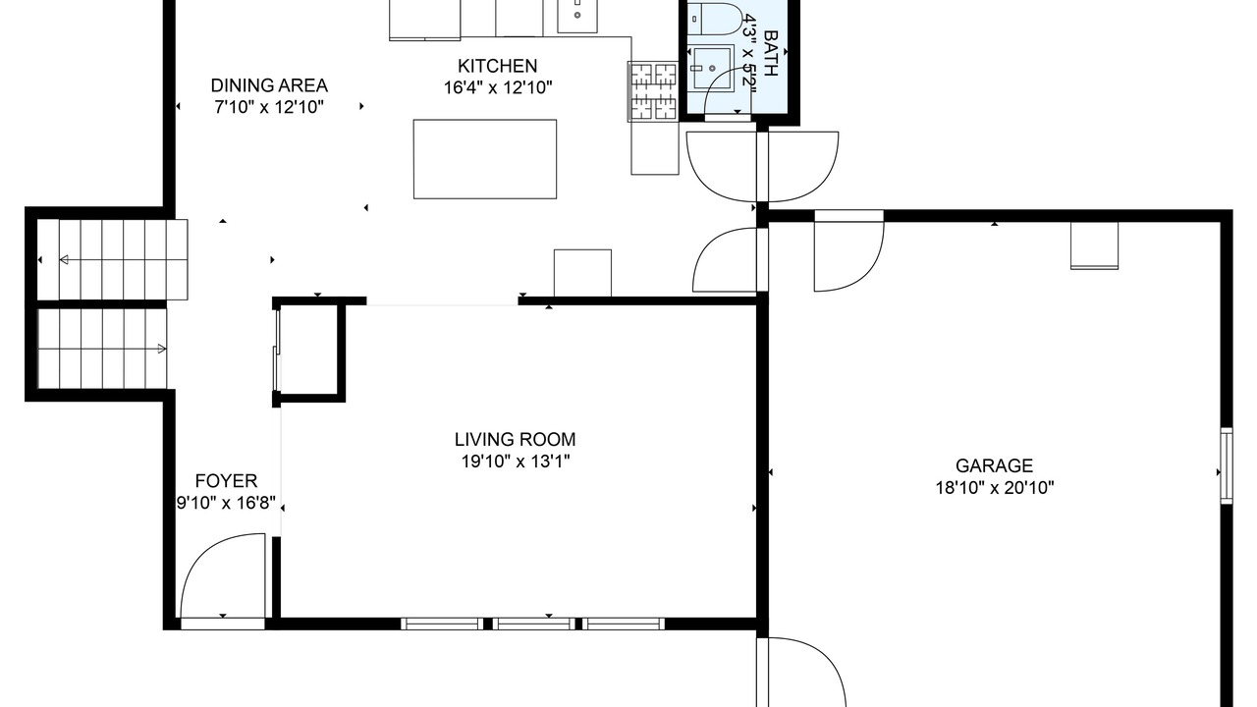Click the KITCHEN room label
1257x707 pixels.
[x=497, y=66]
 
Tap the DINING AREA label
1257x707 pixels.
[x=269, y=85]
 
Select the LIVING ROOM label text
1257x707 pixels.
[x=516, y=439]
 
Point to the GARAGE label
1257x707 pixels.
[x=995, y=465]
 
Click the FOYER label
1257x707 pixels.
[x=226, y=481]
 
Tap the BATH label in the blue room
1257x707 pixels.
[x=771, y=53]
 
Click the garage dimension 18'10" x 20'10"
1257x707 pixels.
[x=995, y=488]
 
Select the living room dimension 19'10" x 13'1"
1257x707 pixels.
[x=516, y=462]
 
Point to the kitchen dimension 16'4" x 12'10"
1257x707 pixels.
[x=498, y=88]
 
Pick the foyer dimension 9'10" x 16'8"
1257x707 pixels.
[x=226, y=503]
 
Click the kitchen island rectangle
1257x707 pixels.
[x=485, y=159]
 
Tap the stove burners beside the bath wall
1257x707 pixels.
[x=653, y=91]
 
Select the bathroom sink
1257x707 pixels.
[x=711, y=68]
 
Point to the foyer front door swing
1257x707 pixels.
[x=223, y=575]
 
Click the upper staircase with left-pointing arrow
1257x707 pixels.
[x=112, y=260]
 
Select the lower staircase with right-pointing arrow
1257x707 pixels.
[x=102, y=349]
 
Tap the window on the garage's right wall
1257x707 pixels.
[x=1227, y=465]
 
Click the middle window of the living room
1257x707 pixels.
[x=533, y=624]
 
